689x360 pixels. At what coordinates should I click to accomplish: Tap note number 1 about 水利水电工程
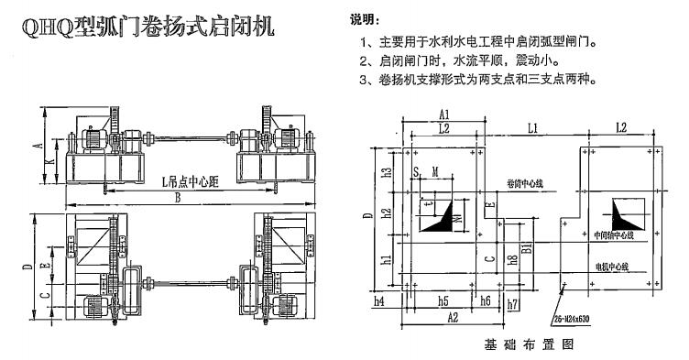pos(484,42)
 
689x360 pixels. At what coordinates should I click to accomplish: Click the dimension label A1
pos(443,115)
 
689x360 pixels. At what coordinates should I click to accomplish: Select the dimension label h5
pos(443,300)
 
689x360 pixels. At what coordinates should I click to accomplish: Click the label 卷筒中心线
pos(524,184)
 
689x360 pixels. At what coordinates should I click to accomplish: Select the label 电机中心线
pos(613,267)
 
